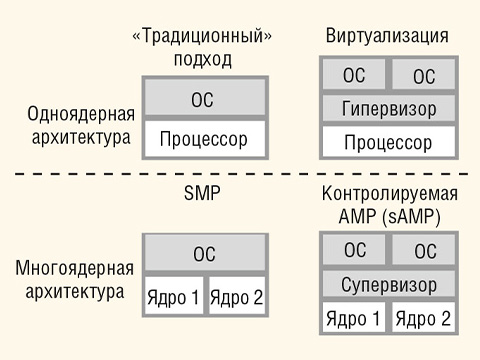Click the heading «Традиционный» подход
click(x=202, y=48)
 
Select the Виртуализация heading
click(x=386, y=38)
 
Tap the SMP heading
click(x=202, y=194)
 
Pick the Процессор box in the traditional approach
click(x=203, y=138)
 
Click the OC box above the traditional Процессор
click(x=203, y=100)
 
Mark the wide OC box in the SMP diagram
click(x=203, y=255)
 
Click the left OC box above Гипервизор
click(x=353, y=76)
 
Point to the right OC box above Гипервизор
click(x=424, y=76)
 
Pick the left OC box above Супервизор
click(x=353, y=251)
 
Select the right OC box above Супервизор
click(x=424, y=251)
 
